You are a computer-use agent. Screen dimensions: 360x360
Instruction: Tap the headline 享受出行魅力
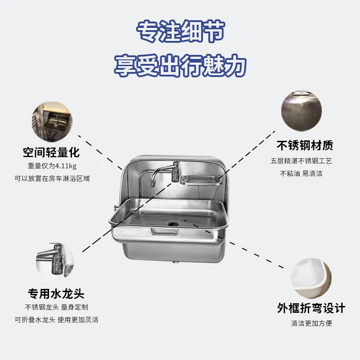tap(180, 66)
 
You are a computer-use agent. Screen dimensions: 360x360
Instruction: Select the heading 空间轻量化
tap(51, 152)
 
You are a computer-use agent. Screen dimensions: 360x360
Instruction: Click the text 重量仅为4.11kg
tap(51, 166)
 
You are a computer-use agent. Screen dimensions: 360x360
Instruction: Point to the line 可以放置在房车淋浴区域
tap(51, 179)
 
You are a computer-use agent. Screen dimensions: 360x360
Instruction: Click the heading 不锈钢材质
tap(305, 145)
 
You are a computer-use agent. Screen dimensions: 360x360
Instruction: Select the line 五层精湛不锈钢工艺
tap(301, 161)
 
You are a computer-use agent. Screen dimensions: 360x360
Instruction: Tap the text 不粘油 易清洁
tap(301, 173)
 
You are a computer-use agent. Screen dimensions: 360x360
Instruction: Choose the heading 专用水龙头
tap(56, 294)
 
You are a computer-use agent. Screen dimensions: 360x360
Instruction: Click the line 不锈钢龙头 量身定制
tap(56, 307)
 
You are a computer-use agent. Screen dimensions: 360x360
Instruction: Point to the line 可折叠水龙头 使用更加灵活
tap(56, 320)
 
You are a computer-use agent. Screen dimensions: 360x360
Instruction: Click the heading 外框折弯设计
tap(311, 308)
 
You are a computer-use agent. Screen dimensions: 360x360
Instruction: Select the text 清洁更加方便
tap(311, 323)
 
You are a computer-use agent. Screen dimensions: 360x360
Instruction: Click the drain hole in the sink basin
tap(173, 222)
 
